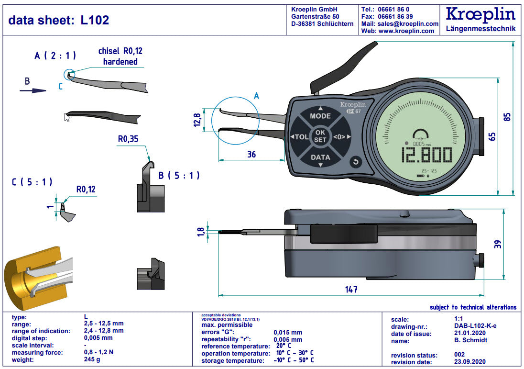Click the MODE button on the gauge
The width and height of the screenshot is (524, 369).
320,116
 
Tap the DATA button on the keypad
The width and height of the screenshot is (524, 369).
320,157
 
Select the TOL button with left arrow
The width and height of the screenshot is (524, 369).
300,137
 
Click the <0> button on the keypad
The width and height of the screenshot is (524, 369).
340,137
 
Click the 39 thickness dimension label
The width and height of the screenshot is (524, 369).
498,244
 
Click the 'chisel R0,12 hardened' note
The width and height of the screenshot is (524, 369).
120,56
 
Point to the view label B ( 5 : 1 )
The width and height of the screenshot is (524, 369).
179,176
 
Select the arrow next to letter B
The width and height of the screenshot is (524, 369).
36,90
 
